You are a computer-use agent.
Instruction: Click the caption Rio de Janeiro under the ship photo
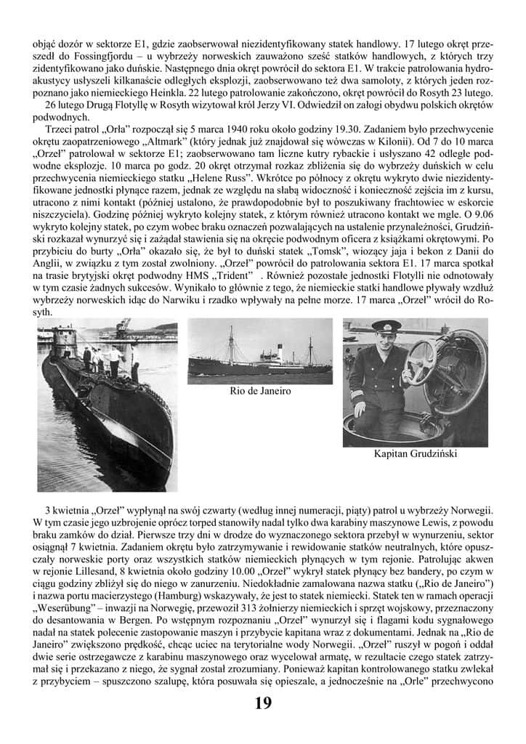(260, 391)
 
